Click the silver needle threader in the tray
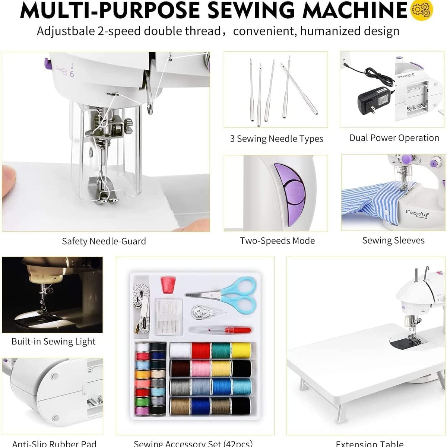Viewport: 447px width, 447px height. coord(203,312)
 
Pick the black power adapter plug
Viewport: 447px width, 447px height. coord(374,98)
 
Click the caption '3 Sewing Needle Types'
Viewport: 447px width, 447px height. coord(276,139)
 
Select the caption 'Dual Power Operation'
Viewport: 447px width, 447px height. coord(394,138)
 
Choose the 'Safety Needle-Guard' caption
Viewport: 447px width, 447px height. coord(104,241)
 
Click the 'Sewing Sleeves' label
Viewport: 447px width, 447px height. coord(393,241)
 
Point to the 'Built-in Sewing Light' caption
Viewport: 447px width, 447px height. coord(53,342)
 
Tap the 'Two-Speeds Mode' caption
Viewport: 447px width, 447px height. coord(277,241)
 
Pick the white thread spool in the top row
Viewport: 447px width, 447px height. coord(181,350)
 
